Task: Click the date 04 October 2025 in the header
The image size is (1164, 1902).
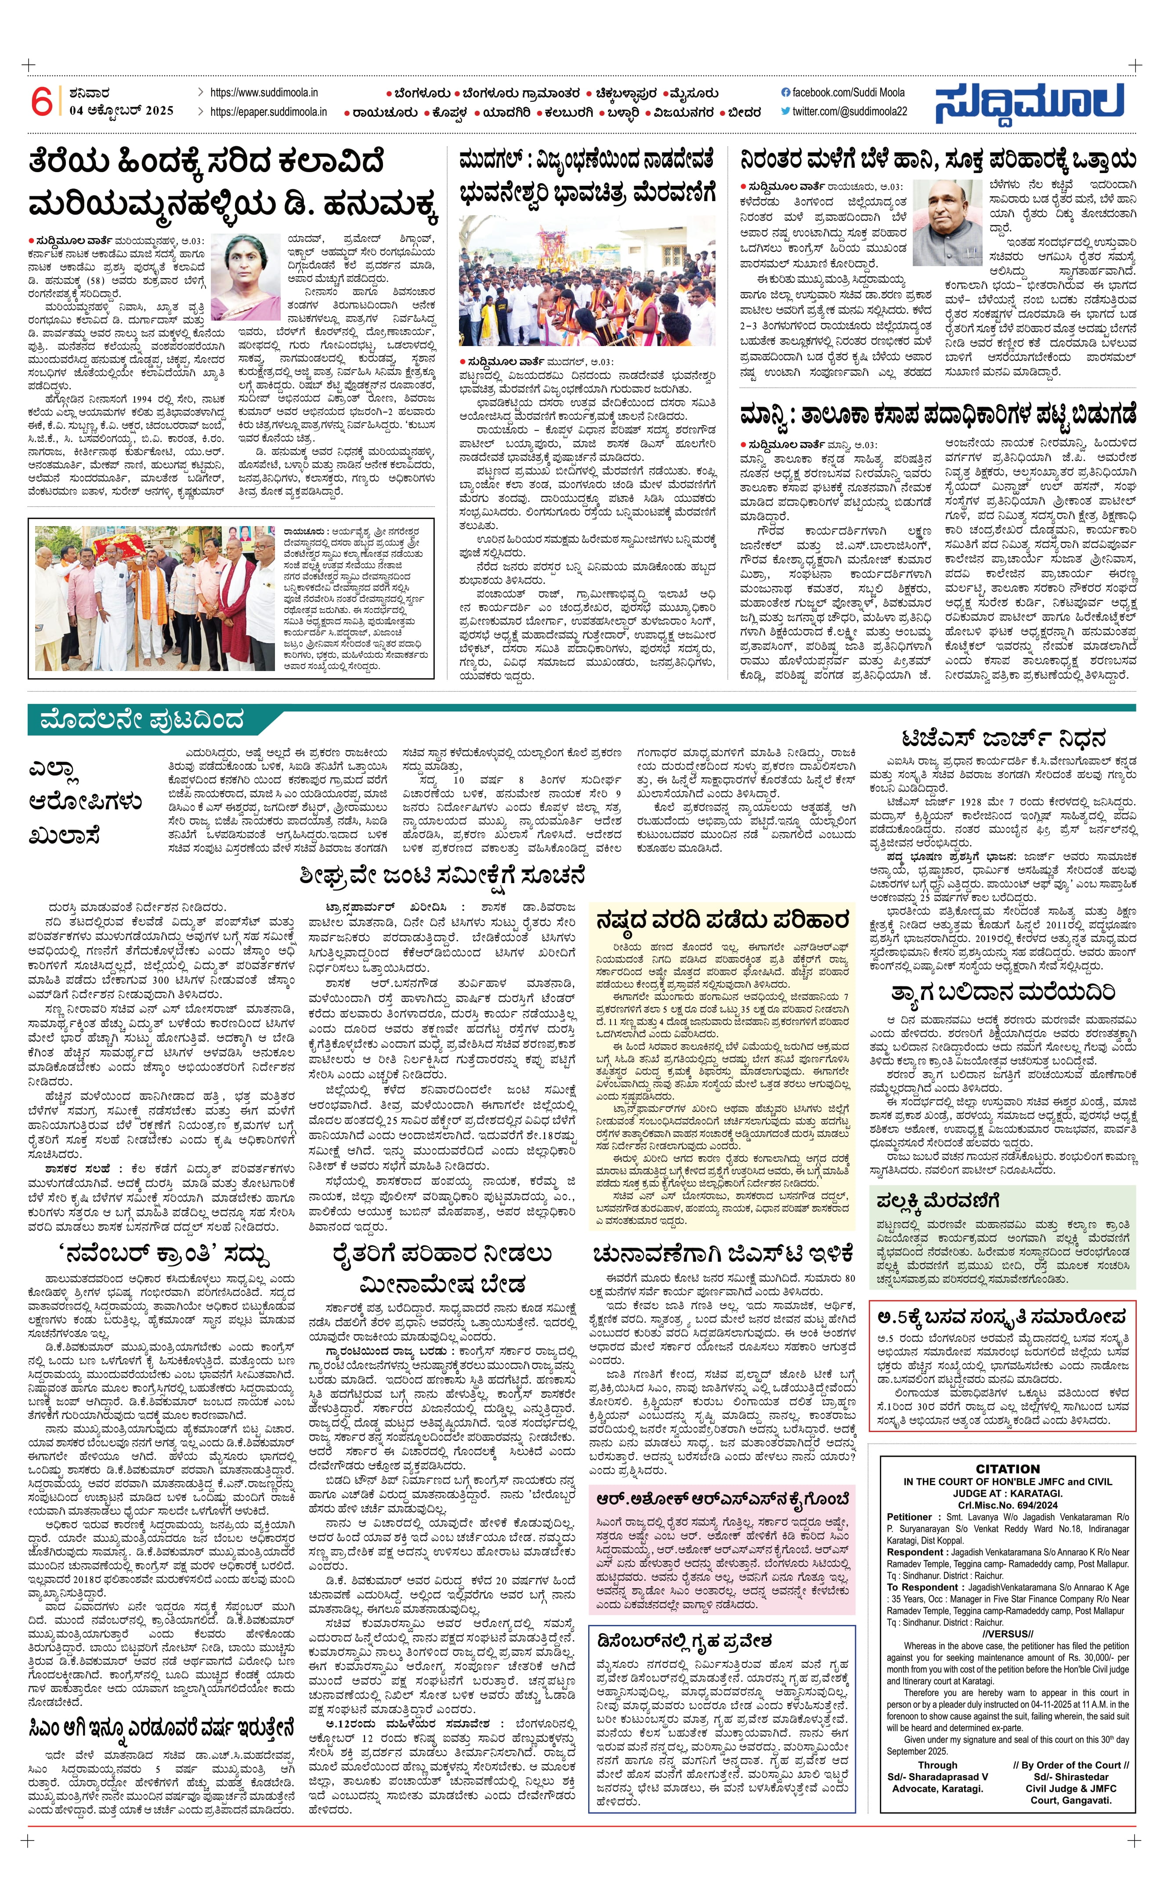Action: coord(121,110)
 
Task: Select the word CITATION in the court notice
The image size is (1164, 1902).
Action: coord(1007,1469)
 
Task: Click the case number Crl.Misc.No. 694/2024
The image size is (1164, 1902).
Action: coord(1007,1505)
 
